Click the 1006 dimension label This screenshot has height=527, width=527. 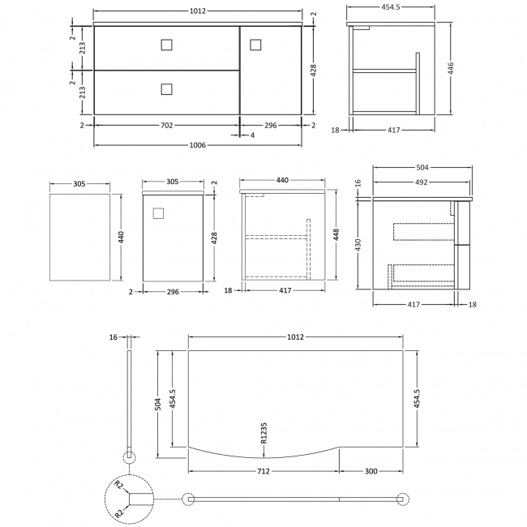tap(197, 145)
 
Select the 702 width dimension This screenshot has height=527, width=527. tap(167, 126)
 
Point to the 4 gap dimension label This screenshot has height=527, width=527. tap(252, 135)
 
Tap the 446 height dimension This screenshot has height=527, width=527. tap(451, 69)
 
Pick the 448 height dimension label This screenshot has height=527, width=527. tap(336, 234)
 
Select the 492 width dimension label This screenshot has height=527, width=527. tap(422, 182)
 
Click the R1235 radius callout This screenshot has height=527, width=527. tap(263, 433)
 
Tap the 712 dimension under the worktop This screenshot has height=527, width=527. tap(263, 471)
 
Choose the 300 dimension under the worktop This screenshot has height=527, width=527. tap(371, 471)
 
